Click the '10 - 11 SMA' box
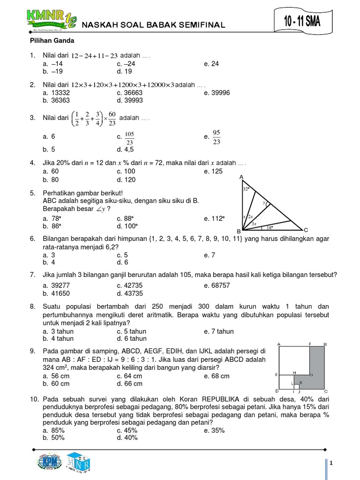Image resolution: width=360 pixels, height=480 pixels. pyautogui.click(x=302, y=22)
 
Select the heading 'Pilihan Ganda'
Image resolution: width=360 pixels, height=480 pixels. pyautogui.click(x=46, y=41)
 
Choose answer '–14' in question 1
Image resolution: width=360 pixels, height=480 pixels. pyautogui.click(x=57, y=64)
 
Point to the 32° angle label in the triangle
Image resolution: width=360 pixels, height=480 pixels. pyautogui.click(x=246, y=189)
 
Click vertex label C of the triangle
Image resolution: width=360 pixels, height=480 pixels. pyautogui.click(x=306, y=230)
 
